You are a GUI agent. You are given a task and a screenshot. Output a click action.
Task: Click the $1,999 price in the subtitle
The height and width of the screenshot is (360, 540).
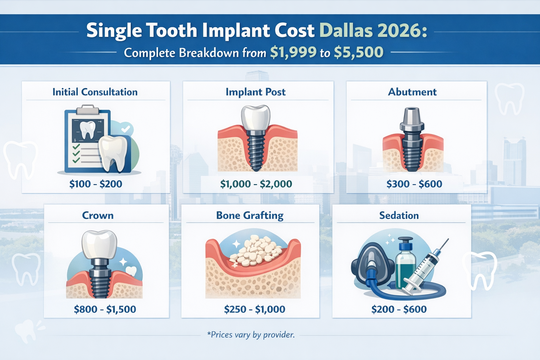pos(294,52)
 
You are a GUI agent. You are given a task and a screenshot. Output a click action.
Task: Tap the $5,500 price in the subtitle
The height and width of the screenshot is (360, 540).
pos(358,52)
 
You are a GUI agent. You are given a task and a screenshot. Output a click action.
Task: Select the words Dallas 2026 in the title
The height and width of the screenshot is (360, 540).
pos(373,31)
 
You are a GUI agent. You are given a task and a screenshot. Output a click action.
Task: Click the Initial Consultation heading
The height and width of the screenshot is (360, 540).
pos(95,92)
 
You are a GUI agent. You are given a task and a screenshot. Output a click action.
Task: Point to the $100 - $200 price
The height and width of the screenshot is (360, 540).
pos(96,184)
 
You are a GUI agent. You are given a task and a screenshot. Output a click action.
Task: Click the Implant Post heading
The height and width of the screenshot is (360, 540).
pos(256,92)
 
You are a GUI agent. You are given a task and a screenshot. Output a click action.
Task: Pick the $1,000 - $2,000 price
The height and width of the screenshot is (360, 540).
pos(256,184)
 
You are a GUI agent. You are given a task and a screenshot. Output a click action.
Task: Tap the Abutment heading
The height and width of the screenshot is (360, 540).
pos(412,92)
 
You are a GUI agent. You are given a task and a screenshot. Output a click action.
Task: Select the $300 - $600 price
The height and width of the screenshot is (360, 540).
pos(414,184)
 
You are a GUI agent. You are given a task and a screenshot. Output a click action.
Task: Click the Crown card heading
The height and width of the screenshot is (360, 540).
pos(98,216)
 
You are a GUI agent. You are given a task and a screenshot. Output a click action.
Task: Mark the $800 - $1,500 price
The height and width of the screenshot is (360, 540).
pos(105,309)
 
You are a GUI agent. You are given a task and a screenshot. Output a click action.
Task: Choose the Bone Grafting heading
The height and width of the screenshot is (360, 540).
pos(250,216)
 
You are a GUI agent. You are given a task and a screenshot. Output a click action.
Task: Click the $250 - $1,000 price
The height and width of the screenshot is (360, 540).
pos(255,309)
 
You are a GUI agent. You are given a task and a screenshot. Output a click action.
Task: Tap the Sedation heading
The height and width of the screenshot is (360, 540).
pos(399,216)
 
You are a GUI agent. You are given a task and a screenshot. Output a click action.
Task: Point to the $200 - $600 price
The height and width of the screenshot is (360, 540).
pos(399,309)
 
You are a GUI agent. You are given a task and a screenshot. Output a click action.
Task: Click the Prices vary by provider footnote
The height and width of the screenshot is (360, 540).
pos(251,335)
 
